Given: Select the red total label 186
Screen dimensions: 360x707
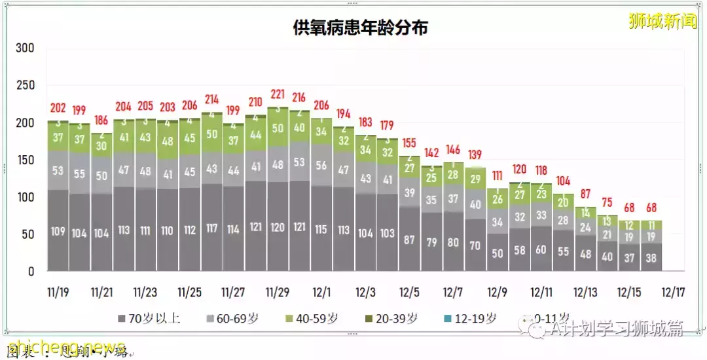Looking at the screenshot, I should click(101, 120).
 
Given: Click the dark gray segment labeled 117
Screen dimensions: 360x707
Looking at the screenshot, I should click(211, 228).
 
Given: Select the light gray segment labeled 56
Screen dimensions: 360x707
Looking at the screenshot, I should click(321, 166).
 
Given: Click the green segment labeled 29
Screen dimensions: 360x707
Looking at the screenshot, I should click(475, 179).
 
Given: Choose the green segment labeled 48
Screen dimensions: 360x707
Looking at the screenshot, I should click(168, 141).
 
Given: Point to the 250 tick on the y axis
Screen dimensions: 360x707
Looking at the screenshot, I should click(26, 86).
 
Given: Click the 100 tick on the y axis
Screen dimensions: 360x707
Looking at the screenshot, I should click(26, 197).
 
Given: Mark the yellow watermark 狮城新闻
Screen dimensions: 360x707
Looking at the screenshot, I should click(662, 21).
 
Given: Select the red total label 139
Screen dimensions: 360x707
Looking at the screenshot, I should click(475, 154).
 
